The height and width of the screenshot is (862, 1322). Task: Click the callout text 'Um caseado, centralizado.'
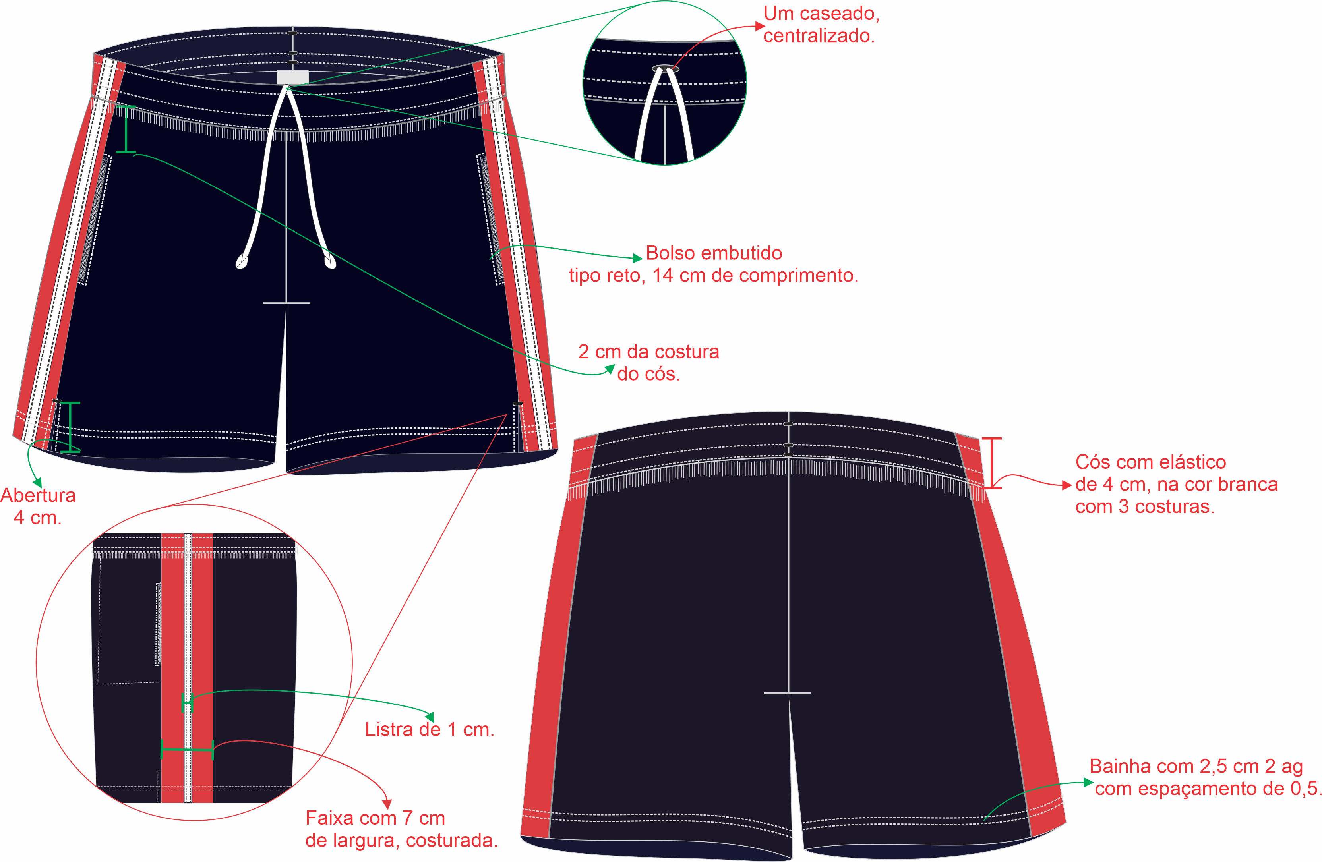click(821, 25)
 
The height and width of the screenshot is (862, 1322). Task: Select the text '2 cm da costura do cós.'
click(649, 363)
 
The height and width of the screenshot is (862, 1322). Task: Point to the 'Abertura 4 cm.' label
click(38, 506)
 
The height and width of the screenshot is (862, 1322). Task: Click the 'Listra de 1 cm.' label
click(430, 729)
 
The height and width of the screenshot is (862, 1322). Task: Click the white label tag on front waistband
click(292, 77)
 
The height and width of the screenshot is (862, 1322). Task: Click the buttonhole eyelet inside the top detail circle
click(665, 69)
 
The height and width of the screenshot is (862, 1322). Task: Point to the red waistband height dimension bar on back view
click(992, 463)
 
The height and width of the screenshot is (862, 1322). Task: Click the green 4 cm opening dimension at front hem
click(70, 427)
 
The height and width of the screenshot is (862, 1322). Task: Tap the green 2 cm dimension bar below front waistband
click(126, 129)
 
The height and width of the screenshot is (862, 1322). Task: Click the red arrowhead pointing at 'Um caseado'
click(759, 25)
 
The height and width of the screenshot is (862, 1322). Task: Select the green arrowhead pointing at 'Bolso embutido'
click(638, 258)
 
